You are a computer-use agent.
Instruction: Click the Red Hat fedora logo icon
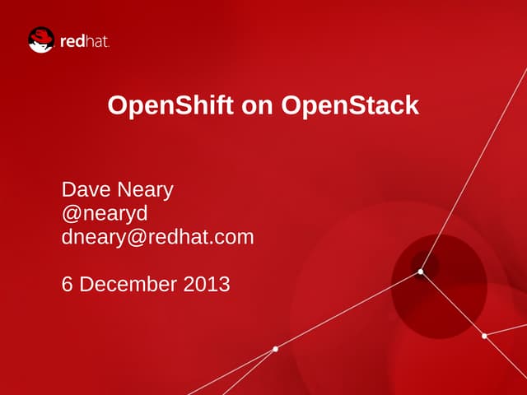(x=40, y=40)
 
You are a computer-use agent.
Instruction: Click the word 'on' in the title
(x=262, y=106)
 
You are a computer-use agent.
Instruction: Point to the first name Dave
(x=83, y=190)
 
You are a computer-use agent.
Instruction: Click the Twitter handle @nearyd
(x=105, y=214)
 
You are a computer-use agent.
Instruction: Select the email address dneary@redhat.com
(x=157, y=238)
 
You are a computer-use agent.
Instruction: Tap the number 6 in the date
(x=68, y=285)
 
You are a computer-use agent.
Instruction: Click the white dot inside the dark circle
(x=420, y=272)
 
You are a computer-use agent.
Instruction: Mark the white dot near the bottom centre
(x=275, y=349)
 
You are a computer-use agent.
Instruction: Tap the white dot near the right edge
(x=484, y=336)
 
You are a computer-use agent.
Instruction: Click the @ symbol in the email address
(x=136, y=238)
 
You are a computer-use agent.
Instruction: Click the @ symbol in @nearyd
(x=71, y=214)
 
